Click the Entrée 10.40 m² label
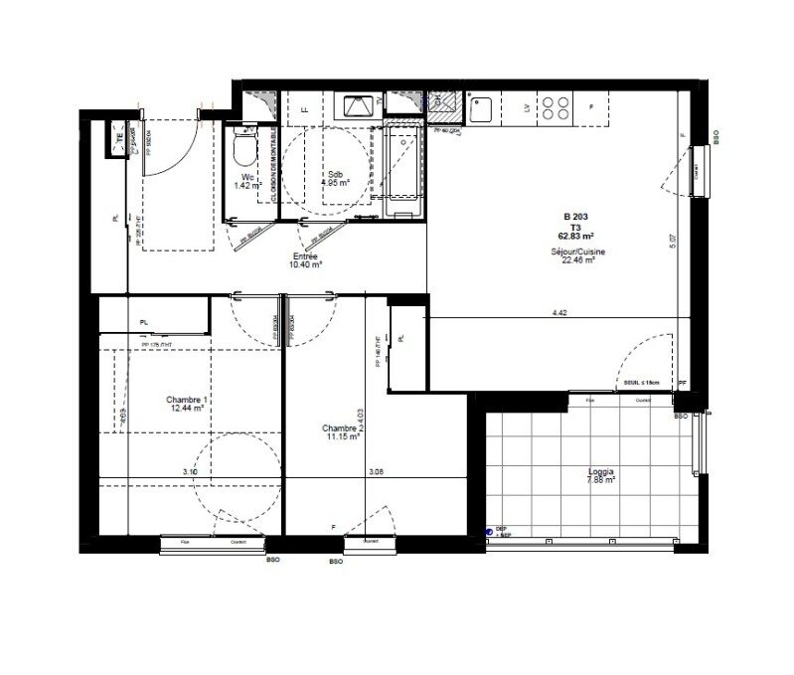point(306,260)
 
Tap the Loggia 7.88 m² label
point(600,476)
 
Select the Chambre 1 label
point(186,402)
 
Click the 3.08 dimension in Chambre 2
point(376,471)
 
